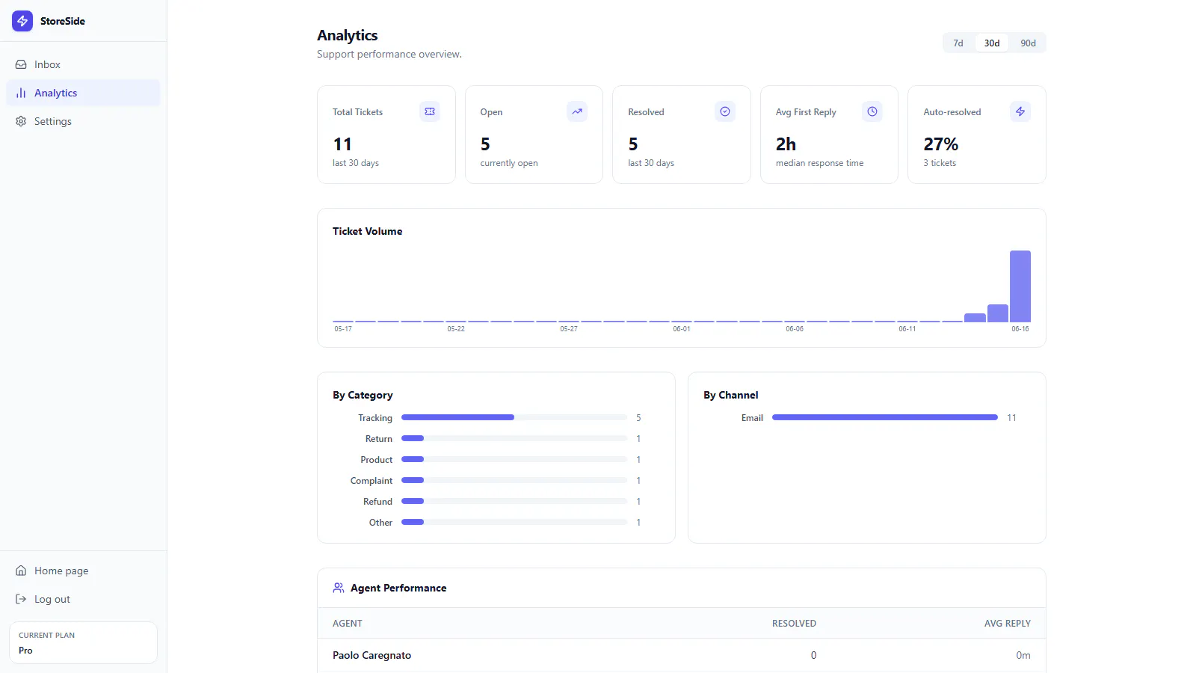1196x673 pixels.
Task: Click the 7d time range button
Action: point(958,43)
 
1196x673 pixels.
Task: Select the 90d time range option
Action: point(1028,43)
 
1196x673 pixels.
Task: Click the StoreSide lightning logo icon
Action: point(22,22)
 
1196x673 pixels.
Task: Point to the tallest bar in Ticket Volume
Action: point(1020,286)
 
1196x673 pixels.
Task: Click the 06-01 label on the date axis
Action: point(681,329)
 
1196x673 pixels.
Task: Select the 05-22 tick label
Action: point(456,329)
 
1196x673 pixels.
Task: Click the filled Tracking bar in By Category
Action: point(457,418)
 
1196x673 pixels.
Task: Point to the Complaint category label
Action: point(371,481)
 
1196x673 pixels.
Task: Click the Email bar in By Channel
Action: point(885,418)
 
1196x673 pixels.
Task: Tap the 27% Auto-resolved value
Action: point(941,144)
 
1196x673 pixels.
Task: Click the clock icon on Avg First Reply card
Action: point(872,111)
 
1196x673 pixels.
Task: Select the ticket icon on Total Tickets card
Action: point(429,111)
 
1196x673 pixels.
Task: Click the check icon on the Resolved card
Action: point(724,111)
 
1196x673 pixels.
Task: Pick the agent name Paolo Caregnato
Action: point(372,655)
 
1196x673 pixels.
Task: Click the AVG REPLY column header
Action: point(1007,624)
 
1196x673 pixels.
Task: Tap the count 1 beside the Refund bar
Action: point(638,502)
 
